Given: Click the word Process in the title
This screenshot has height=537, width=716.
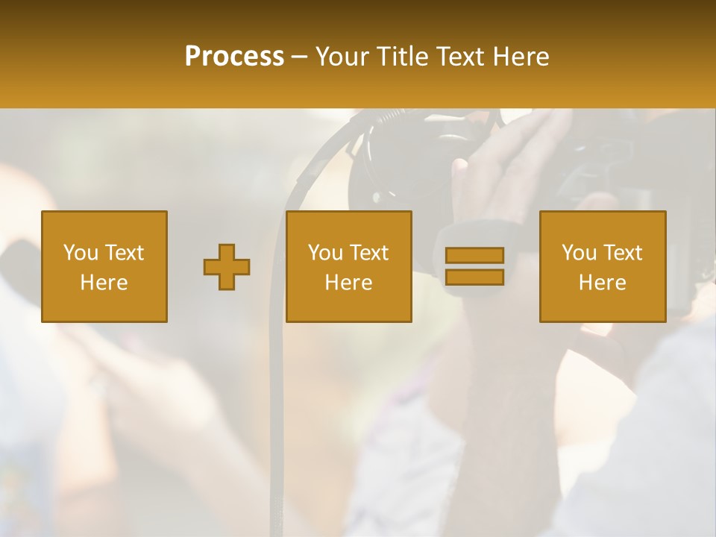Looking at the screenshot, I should [x=234, y=57].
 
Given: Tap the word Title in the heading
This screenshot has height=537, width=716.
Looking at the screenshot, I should [x=403, y=57].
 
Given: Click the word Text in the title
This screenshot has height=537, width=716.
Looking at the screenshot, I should [x=461, y=57].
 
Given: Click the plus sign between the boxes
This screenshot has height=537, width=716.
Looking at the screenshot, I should [x=227, y=267].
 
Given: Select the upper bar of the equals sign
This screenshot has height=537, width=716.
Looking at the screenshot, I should [x=474, y=256].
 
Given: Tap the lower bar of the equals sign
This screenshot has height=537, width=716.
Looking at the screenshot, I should [x=474, y=277].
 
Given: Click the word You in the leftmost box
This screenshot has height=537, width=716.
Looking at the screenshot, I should [x=80, y=253].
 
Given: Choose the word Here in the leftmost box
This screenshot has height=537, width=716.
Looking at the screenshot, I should [x=104, y=283].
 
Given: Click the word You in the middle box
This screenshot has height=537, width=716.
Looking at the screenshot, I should [x=325, y=253].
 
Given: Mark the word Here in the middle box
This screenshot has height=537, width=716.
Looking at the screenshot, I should [x=348, y=283].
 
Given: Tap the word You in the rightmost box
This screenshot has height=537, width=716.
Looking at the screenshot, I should [x=579, y=253].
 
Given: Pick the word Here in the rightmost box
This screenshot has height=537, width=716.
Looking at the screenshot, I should [x=602, y=283].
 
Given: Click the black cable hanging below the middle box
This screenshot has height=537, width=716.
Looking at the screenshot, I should [x=277, y=418].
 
